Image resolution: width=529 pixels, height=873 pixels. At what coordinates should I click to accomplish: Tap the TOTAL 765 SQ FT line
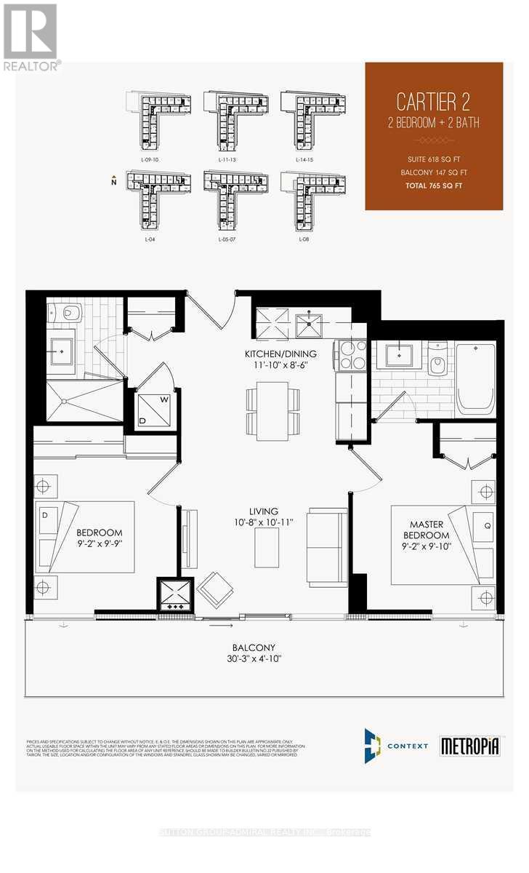click(x=434, y=186)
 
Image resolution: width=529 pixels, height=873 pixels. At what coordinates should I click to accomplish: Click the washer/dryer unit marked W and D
click(x=154, y=410)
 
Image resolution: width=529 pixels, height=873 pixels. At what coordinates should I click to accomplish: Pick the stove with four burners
click(x=350, y=355)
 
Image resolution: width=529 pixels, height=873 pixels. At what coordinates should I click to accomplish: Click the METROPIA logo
click(x=470, y=746)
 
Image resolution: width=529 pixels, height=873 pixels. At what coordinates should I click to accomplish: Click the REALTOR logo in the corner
click(x=31, y=36)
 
